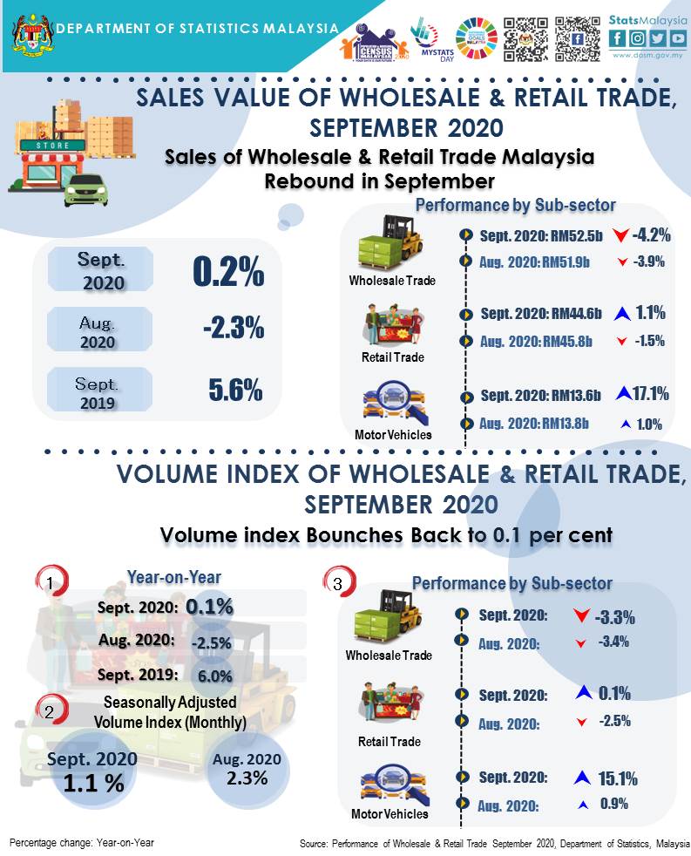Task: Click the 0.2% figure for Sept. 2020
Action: coord(228,273)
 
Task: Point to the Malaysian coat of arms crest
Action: coord(30,31)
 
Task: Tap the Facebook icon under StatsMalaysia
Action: coord(618,37)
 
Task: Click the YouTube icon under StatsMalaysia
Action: coord(677,37)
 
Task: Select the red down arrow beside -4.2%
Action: coord(620,235)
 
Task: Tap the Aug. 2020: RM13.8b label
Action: coord(536,424)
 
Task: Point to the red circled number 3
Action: coord(337,583)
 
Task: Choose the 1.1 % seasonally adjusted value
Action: coord(92,783)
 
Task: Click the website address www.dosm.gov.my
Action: coord(647,55)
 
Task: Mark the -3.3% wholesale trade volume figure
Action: coord(614,618)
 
